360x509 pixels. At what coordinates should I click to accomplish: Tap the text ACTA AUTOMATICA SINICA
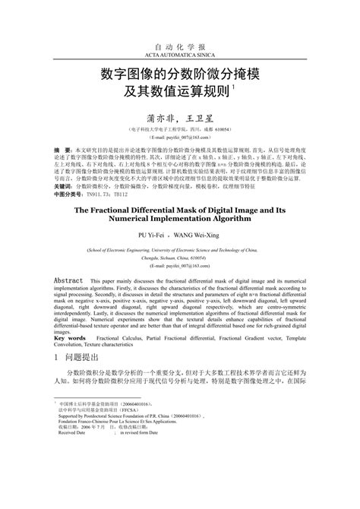pyautogui.click(x=179, y=56)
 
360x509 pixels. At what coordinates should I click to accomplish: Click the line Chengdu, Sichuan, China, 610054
pyautogui.click(x=179, y=256)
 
